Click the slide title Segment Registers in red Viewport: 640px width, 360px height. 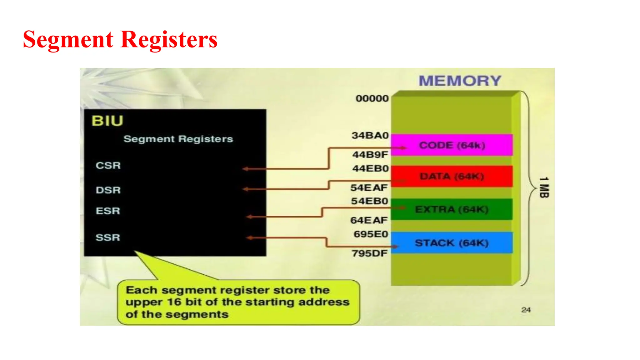pos(120,40)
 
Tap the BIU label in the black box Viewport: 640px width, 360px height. pos(107,121)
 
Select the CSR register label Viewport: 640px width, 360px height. pos(108,165)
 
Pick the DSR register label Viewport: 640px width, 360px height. pos(108,190)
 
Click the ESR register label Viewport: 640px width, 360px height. pos(108,211)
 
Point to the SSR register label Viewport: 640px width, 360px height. pos(108,237)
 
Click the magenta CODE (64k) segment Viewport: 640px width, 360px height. pos(452,145)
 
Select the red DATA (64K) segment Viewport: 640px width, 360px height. pos(452,177)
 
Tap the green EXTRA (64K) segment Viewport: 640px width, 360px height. pos(452,209)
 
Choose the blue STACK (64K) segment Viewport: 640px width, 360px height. pos(452,243)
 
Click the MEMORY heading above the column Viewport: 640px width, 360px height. pos(460,81)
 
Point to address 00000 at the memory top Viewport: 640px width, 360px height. pos(372,98)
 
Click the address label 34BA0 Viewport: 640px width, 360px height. pos(370,135)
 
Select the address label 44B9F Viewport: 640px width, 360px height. pos(370,154)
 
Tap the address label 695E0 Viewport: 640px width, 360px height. pos(371,234)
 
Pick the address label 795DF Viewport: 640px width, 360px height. pos(369,253)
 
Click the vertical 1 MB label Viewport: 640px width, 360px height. pos(544,187)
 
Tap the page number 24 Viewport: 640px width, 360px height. pos(526,310)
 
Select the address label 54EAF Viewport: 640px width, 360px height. pos(369,187)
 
